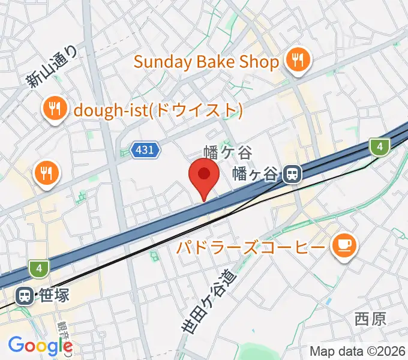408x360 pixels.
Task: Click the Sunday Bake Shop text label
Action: (206, 62)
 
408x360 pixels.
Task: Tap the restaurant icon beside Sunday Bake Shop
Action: (296, 61)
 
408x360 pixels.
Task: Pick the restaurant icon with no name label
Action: (46, 173)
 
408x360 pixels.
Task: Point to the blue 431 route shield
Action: (145, 151)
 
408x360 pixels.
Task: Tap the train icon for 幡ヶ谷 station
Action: (292, 174)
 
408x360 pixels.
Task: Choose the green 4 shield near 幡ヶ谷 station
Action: (377, 146)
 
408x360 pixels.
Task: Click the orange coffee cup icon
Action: (344, 245)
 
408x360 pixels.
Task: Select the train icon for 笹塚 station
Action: (25, 296)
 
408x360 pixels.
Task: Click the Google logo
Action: (40, 346)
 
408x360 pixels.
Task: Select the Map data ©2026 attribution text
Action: (356, 351)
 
